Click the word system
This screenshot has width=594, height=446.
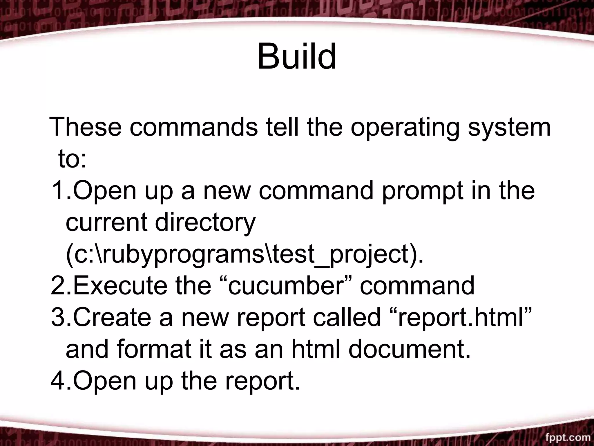coord(509,128)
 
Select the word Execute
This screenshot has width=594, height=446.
coord(120,286)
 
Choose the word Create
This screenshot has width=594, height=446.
coord(112,317)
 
